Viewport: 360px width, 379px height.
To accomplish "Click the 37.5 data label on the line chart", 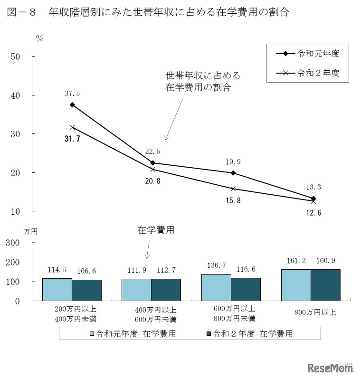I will pos(73,93).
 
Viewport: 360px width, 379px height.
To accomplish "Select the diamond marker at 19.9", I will pos(233,173).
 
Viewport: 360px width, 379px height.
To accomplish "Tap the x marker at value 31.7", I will pos(73,127).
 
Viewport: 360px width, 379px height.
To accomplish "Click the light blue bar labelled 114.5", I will pos(57,289).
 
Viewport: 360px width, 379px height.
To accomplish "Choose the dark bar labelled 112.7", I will pos(166,290).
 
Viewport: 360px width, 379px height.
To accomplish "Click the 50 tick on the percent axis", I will pos(15,57).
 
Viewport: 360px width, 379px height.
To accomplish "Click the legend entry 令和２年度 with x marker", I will pos(307,73).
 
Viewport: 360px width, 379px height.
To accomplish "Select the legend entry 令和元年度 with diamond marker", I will pos(307,53).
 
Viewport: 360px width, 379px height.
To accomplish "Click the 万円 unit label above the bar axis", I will pos(30,232).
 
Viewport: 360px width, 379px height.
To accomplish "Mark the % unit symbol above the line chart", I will pos(40,39).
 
